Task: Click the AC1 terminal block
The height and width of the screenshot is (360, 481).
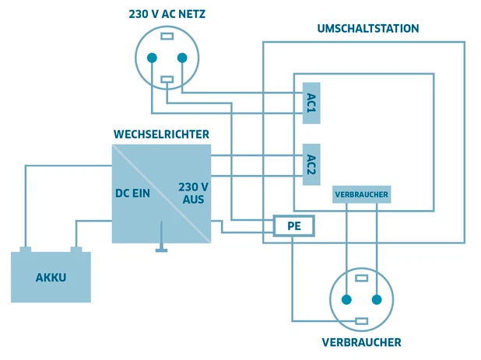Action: coord(311,102)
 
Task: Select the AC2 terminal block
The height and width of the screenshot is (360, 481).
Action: coord(311,164)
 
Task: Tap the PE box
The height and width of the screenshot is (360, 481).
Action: coord(293,225)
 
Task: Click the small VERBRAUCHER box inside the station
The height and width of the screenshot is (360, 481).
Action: coord(361,194)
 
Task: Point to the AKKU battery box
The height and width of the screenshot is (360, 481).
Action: coord(51,278)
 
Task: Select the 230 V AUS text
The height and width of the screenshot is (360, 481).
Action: coord(193,193)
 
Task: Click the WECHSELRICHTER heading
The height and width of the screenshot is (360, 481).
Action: coord(161,135)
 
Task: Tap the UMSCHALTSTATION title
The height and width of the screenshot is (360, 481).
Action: coord(368,28)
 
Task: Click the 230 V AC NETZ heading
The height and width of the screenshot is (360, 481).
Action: coord(167,13)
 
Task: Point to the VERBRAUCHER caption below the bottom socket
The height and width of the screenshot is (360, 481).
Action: coord(361,342)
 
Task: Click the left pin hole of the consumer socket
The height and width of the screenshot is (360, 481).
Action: coord(346,299)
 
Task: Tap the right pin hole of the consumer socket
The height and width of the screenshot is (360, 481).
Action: coord(377,299)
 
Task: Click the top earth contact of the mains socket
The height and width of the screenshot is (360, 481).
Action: coord(167,36)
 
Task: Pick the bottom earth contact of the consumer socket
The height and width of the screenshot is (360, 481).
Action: coord(361,320)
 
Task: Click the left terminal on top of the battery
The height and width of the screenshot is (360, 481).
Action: coord(25,250)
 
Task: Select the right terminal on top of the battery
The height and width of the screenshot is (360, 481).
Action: coord(76,250)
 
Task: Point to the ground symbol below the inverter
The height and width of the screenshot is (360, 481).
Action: coord(161,250)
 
